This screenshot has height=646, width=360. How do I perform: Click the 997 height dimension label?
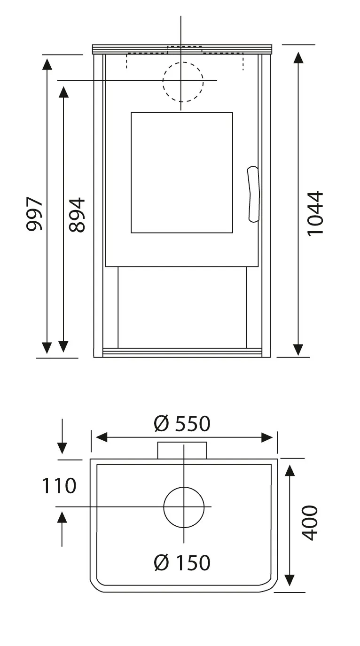(x=34, y=214)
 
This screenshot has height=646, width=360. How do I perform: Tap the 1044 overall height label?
(x=315, y=213)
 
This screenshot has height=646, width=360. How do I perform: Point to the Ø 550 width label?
(x=182, y=424)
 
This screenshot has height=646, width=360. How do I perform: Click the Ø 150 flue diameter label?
(x=182, y=562)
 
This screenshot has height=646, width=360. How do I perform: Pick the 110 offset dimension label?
(x=59, y=486)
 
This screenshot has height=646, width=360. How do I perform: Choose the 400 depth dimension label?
(x=310, y=522)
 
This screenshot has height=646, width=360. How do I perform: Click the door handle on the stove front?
(x=253, y=193)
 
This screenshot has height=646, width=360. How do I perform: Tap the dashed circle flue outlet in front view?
(x=183, y=82)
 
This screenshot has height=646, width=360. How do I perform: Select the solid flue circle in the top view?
(x=184, y=507)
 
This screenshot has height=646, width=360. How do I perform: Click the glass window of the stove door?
(x=182, y=172)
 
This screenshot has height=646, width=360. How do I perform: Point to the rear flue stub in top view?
(x=182, y=451)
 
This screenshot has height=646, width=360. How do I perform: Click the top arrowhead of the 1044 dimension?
(x=298, y=57)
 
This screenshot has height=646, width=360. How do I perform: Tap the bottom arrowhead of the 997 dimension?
(x=47, y=348)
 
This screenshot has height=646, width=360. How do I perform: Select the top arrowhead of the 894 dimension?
(x=63, y=92)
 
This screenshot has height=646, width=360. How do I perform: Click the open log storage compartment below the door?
(x=182, y=307)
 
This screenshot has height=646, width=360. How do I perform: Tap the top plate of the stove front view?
(x=182, y=49)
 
